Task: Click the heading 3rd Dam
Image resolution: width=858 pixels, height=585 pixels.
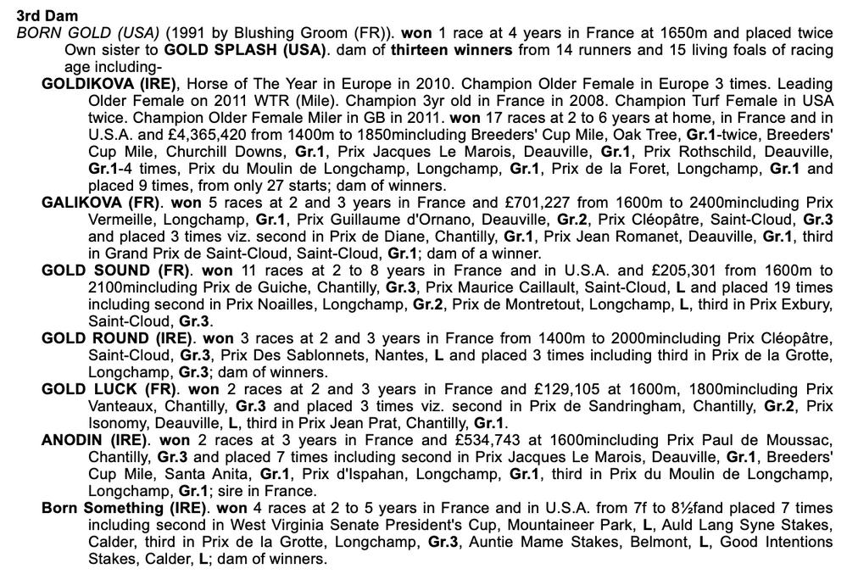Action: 47,16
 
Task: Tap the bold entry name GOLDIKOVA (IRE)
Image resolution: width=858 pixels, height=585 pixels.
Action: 109,84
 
